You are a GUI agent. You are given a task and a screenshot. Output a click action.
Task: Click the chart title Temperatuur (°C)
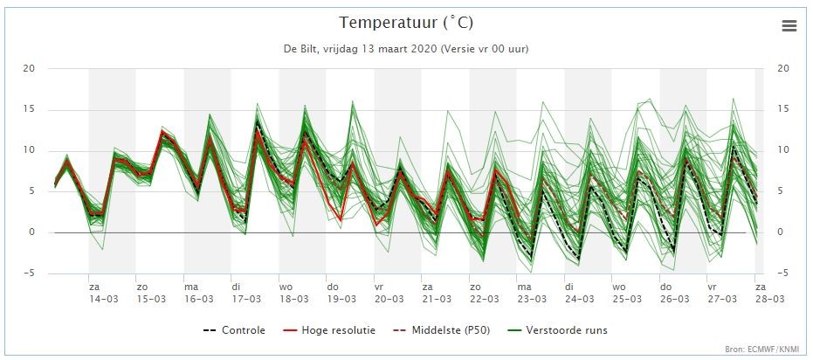(406, 24)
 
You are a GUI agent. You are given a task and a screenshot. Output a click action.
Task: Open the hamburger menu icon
(789, 26)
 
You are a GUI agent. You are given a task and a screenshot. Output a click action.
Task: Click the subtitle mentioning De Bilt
(406, 49)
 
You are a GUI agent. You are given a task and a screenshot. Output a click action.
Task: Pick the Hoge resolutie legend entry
(330, 330)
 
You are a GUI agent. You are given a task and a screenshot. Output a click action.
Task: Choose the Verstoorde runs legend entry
(558, 330)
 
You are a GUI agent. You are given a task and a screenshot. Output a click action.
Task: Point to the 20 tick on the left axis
(30, 68)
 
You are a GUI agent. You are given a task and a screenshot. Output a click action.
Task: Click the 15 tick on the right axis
(783, 109)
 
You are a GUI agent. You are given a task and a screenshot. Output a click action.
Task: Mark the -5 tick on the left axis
(30, 273)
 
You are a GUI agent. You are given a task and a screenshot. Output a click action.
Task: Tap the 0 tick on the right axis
(780, 232)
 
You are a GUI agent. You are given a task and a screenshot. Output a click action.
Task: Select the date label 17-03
(246, 300)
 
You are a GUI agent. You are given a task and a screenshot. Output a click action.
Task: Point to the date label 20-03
(389, 300)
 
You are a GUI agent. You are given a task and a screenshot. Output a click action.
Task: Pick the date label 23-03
(532, 300)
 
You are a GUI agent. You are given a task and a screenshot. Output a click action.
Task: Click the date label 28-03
(769, 300)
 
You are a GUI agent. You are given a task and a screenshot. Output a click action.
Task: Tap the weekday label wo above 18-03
(286, 287)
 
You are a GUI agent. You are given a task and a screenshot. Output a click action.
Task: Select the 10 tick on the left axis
(30, 150)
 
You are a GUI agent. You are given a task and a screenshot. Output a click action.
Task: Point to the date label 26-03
(674, 300)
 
